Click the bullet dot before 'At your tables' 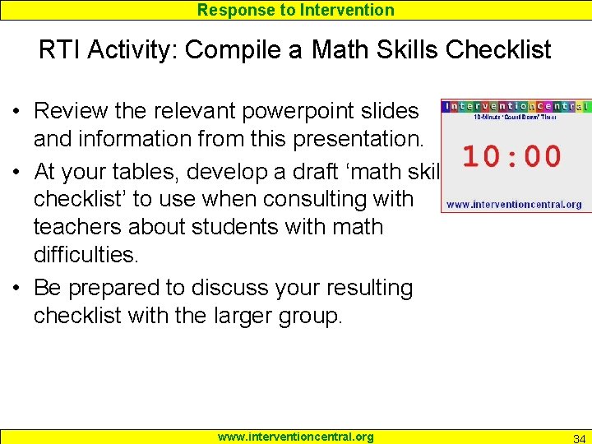(x=16, y=173)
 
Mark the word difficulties (x=86, y=254)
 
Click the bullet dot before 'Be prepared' (x=16, y=289)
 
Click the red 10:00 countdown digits (x=511, y=156)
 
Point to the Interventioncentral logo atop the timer (x=515, y=106)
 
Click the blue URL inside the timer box (x=514, y=204)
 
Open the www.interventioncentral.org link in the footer (x=295, y=437)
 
